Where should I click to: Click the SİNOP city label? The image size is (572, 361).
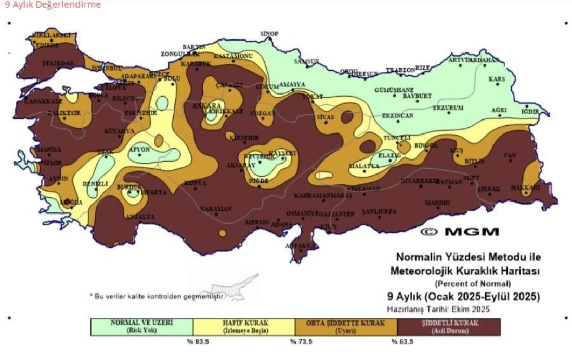click(x=269, y=34)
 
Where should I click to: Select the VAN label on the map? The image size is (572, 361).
click(x=510, y=155)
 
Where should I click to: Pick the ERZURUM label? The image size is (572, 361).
click(x=448, y=108)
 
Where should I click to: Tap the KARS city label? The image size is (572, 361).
click(x=497, y=79)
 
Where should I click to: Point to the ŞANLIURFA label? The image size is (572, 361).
click(x=379, y=212)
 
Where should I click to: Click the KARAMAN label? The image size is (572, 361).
click(x=216, y=209)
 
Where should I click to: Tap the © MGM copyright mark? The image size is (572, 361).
click(x=459, y=232)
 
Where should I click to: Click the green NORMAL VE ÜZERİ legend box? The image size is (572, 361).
click(x=141, y=327)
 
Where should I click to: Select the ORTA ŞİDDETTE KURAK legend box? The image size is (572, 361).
click(x=346, y=327)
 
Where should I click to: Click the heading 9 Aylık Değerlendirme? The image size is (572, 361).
click(x=53, y=5)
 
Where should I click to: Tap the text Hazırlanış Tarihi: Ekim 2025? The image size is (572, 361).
click(x=438, y=309)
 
